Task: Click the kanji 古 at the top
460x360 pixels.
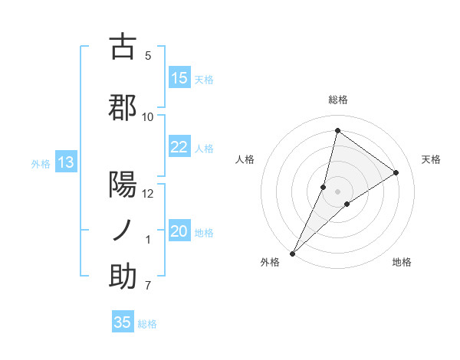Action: [x=123, y=47]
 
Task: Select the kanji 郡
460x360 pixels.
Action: [x=123, y=107]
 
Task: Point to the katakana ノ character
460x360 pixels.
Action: [x=123, y=230]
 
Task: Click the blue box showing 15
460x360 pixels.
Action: [x=179, y=78]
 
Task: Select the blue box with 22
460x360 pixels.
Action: [x=179, y=147]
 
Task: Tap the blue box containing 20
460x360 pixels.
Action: [x=179, y=232]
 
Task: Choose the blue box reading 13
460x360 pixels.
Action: [x=65, y=162]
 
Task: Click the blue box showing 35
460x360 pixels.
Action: [x=123, y=322]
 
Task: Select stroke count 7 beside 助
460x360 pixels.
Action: [x=147, y=286]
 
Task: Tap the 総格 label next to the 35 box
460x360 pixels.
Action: [x=147, y=324]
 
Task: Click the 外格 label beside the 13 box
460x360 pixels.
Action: [x=40, y=163]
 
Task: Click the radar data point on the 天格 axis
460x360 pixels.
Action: [x=396, y=173]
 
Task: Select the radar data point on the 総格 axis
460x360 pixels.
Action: [x=337, y=131]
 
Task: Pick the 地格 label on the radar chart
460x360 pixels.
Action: [x=402, y=262]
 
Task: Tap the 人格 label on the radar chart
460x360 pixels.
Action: [x=245, y=159]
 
